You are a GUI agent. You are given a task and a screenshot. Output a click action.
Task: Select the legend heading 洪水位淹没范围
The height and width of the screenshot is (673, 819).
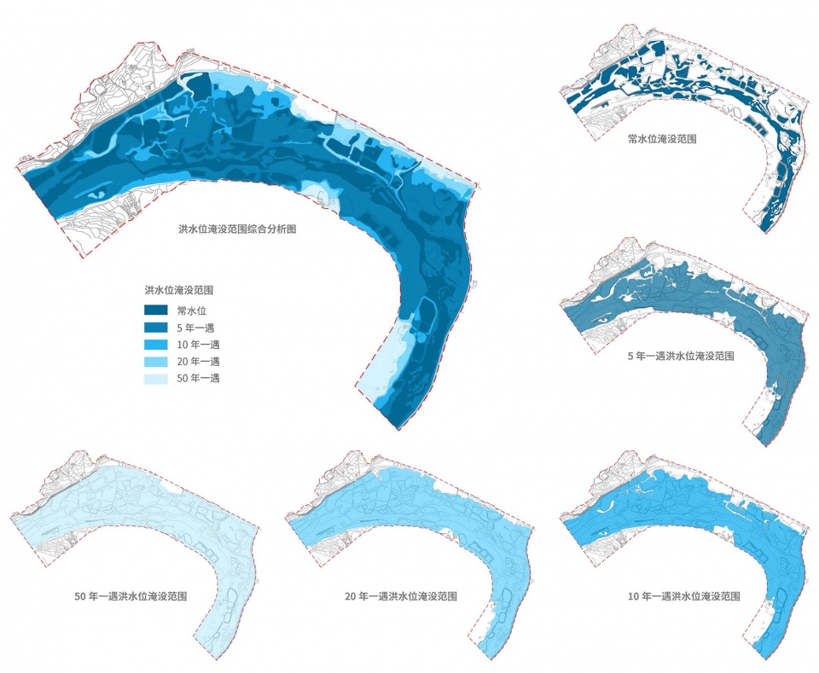click(x=179, y=290)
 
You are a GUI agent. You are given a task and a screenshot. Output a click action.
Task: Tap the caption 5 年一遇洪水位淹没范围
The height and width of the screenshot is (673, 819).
click(x=680, y=356)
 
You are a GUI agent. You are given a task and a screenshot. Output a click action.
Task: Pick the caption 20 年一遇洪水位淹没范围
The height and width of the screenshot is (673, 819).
click(x=404, y=596)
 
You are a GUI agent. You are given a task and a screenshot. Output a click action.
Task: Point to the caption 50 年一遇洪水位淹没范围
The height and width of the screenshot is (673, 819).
click(x=131, y=595)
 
